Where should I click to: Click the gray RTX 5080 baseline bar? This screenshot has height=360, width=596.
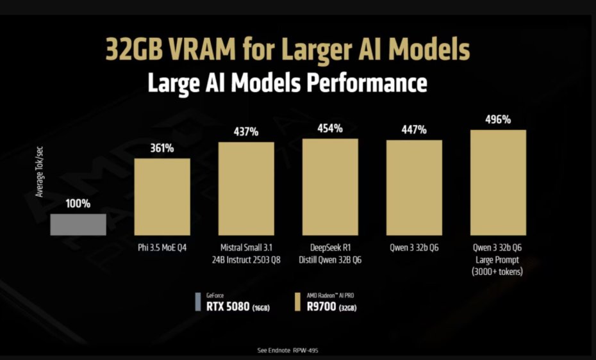coord(79,224)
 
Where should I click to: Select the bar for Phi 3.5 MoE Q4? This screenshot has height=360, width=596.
coord(161,196)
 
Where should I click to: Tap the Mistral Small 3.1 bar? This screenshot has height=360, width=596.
coord(246,188)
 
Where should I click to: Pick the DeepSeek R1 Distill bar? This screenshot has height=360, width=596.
coord(330,186)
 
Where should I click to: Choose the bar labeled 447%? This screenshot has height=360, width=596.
coord(414,188)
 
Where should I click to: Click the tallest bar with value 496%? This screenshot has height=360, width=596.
coord(498,183)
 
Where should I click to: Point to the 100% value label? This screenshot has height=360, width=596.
coord(78,204)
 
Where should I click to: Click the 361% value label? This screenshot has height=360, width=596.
coord(162,149)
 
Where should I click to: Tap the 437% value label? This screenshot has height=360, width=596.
coord(246,132)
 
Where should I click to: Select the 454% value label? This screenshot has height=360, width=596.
coord(330,128)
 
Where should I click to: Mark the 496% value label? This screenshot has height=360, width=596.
coord(498,120)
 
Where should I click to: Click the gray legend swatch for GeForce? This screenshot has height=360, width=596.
coord(197,303)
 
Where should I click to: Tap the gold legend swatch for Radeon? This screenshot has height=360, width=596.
coord(298,303)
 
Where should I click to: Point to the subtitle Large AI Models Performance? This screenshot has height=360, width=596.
coord(287,83)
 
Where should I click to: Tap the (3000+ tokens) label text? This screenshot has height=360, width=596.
coord(498,271)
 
